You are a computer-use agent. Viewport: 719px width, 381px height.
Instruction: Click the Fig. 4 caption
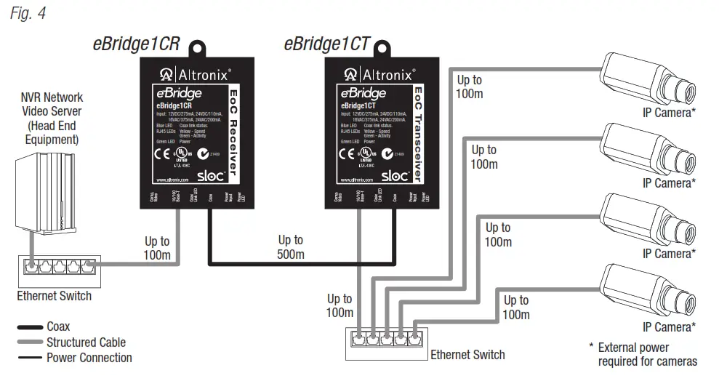pyautogui.click(x=28, y=13)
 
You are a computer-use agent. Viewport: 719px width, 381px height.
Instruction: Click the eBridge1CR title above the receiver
pyautogui.click(x=135, y=43)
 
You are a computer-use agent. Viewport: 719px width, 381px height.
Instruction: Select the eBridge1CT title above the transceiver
pyautogui.click(x=326, y=43)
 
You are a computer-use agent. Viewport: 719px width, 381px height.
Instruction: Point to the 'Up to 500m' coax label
pyautogui.click(x=291, y=247)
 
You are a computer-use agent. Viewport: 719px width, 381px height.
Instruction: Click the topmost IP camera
pyautogui.click(x=647, y=80)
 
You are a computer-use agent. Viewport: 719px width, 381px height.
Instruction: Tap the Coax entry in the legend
pyautogui.click(x=58, y=326)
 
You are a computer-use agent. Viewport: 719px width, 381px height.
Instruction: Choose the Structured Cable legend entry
pyautogui.click(x=86, y=342)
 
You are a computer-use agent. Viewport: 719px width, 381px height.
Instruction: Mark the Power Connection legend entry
pyautogui.click(x=89, y=357)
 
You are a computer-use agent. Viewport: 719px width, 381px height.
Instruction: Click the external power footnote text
pyautogui.click(x=643, y=354)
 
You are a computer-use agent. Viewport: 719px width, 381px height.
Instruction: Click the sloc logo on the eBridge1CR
pyautogui.click(x=207, y=175)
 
